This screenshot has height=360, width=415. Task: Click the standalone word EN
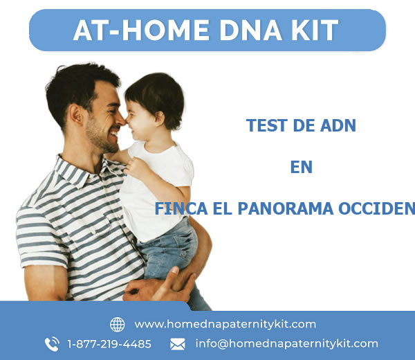[301, 167]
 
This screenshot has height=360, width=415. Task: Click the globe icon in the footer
[118, 324]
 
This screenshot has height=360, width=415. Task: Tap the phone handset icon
[52, 343]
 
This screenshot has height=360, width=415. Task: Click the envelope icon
[178, 343]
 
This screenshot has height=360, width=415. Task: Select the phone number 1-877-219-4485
[109, 343]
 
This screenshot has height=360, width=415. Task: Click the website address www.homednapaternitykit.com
[225, 324]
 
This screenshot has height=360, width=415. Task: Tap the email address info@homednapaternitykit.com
[286, 343]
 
